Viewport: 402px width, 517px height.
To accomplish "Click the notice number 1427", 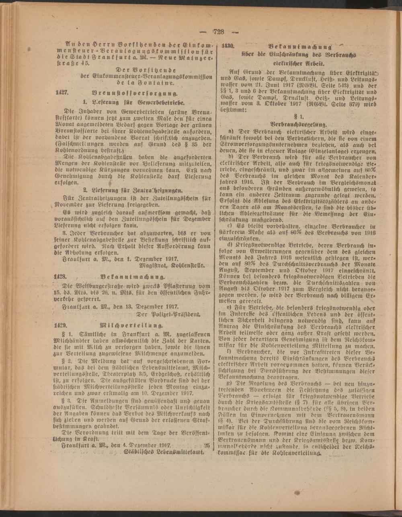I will tap(63, 92).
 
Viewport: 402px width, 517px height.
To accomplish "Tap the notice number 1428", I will tap(63, 277).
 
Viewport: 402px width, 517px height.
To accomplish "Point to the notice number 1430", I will tap(228, 45).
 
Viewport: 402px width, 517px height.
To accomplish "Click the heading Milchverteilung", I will tap(132, 324).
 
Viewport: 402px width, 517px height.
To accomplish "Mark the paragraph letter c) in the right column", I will tap(232, 227).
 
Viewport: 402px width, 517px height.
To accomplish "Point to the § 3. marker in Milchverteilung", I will tap(66, 401).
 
